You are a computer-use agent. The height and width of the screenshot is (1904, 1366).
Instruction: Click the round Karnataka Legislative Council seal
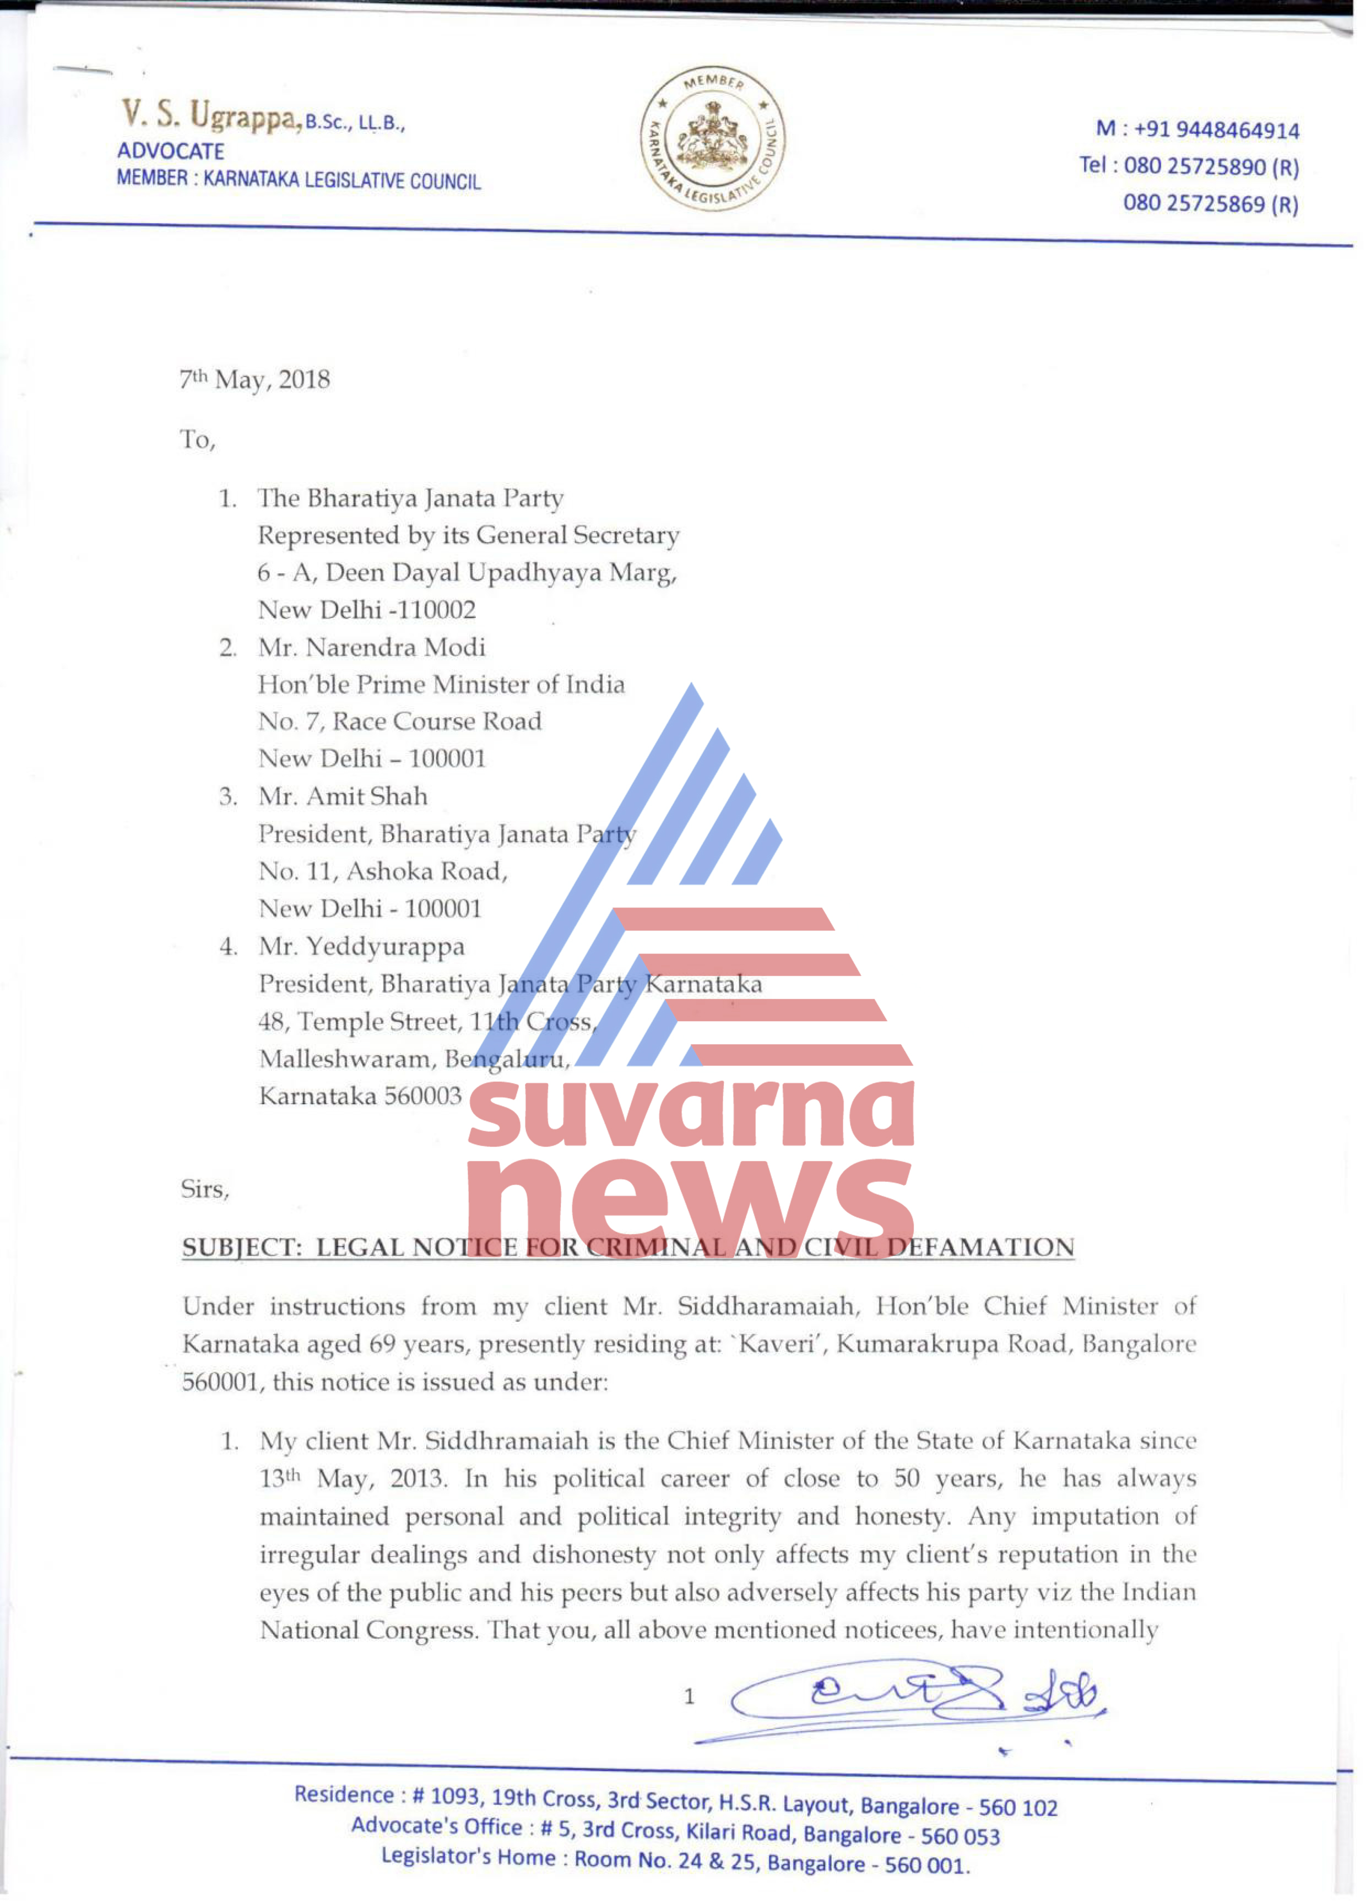[713, 139]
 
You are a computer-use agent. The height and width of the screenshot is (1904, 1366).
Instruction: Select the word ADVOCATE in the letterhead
[170, 151]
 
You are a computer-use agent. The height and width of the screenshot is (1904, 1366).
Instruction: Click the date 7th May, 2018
[254, 379]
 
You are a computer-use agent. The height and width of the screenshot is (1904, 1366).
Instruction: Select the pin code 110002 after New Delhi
[437, 610]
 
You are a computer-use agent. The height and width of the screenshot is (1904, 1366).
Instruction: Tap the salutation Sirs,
[204, 1189]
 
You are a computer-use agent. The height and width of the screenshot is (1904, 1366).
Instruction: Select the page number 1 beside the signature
[689, 1697]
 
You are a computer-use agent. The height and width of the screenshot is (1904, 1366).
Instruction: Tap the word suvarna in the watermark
[690, 1113]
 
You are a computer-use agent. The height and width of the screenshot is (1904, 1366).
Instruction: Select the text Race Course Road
[437, 721]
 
